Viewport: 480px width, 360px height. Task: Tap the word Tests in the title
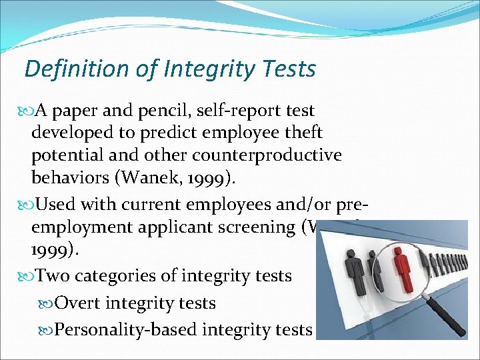[x=288, y=68]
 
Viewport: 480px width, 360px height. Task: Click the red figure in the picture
[x=402, y=264]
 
